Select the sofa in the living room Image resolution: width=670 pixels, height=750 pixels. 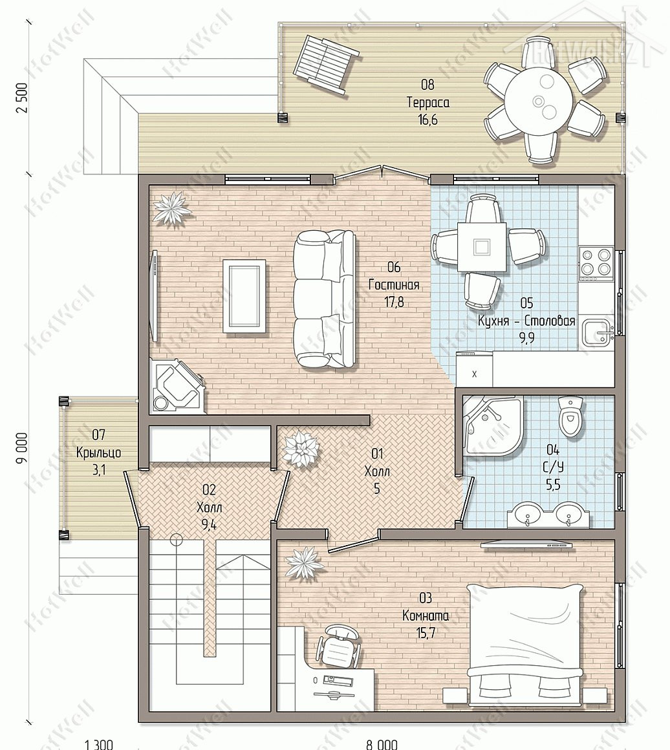click(x=325, y=299)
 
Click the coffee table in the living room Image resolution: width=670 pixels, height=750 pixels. click(x=244, y=295)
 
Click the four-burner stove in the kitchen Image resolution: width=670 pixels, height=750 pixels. click(x=596, y=263)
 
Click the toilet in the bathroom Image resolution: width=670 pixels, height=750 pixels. click(x=570, y=416)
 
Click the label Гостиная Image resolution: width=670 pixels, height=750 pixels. click(x=394, y=285)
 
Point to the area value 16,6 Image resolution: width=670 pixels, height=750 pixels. click(x=427, y=120)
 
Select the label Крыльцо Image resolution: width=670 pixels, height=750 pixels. click(x=98, y=453)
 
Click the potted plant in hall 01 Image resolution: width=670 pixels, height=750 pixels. click(x=301, y=449)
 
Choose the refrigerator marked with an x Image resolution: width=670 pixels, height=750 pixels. click(x=474, y=369)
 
